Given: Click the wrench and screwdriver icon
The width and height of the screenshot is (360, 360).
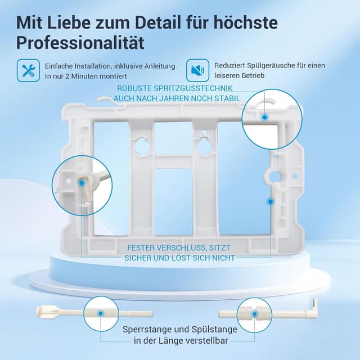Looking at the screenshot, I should point(27,70).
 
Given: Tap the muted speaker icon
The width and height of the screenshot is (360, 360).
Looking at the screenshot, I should point(196,70).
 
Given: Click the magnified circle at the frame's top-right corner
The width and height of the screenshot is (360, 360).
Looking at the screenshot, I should point(268,116).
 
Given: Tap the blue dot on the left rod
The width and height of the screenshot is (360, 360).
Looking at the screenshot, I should point(100,313).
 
